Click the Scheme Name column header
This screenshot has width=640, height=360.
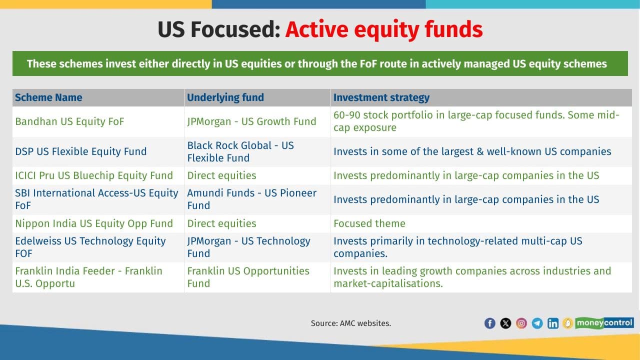(48, 97)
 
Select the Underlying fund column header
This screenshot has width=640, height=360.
(225, 97)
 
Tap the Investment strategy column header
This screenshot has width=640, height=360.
(381, 97)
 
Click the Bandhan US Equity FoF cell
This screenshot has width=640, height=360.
(69, 121)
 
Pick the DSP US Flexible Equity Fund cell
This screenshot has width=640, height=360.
(81, 151)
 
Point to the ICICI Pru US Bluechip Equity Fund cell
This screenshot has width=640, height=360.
(94, 175)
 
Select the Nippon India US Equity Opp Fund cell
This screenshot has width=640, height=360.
(94, 223)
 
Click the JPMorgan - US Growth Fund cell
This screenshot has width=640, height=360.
(251, 121)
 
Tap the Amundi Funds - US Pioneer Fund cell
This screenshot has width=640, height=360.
(251, 199)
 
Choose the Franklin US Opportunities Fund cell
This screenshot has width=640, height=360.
(248, 277)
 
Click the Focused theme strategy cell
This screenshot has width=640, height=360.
(369, 223)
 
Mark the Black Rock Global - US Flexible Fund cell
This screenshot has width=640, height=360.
(240, 151)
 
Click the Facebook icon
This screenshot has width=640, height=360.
(489, 323)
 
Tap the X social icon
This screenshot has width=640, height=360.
(505, 323)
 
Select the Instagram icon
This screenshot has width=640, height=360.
(521, 323)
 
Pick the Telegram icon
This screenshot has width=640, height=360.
(537, 323)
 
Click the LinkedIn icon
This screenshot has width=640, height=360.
(553, 323)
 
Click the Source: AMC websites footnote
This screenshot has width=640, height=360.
(351, 323)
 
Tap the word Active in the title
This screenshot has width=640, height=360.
(317, 29)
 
